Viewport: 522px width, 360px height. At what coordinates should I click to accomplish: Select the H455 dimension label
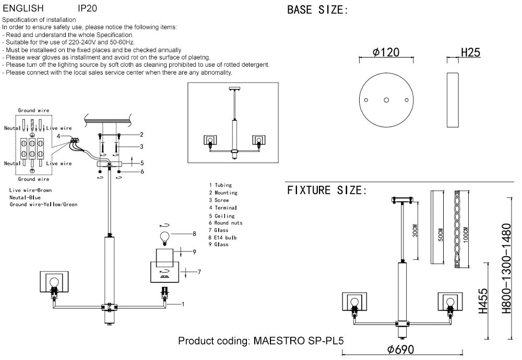[483, 301]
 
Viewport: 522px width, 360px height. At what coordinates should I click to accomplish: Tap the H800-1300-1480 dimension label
[505, 269]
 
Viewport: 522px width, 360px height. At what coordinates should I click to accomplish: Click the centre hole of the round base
[386, 100]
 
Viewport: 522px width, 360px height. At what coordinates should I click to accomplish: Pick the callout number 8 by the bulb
[194, 233]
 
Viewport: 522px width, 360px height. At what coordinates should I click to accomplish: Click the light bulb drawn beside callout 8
[165, 237]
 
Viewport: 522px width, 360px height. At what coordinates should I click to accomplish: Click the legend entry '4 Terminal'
[223, 208]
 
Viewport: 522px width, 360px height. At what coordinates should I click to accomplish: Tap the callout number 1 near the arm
[183, 303]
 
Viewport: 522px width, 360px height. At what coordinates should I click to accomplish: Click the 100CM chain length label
[466, 230]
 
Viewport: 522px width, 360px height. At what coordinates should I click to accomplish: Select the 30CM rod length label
[416, 230]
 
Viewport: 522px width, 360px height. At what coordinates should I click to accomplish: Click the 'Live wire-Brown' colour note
[30, 190]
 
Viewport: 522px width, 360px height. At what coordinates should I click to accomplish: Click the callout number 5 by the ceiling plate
[141, 163]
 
